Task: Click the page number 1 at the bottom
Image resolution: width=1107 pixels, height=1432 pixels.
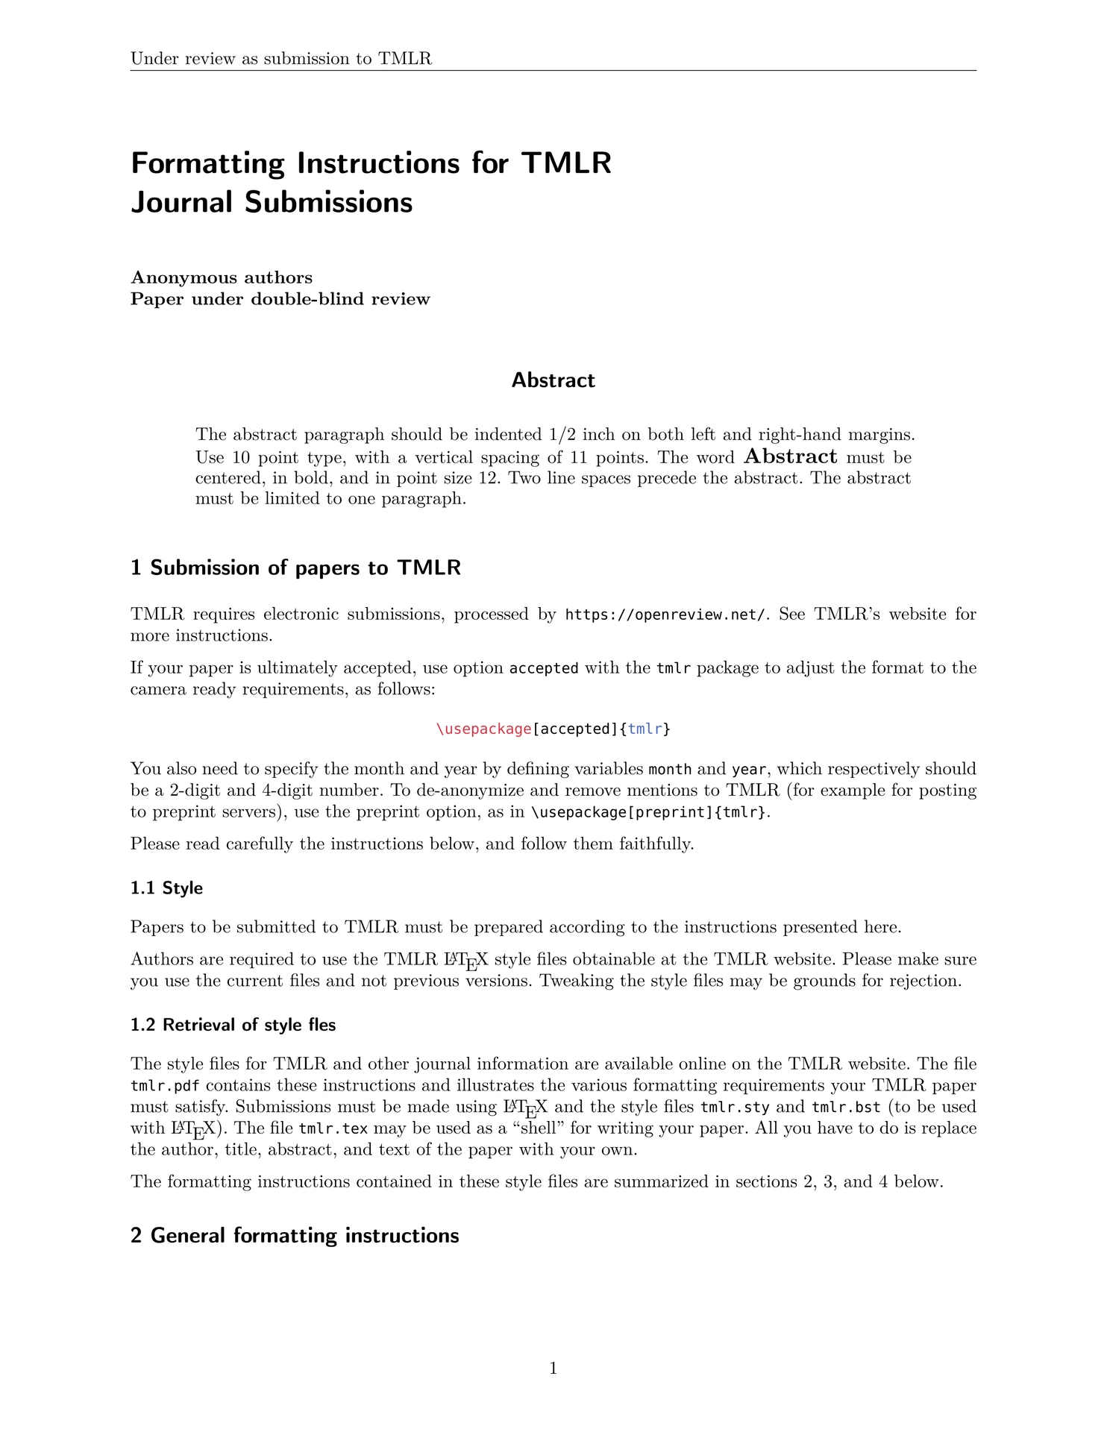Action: click(553, 1368)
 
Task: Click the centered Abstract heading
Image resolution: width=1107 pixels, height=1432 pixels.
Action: click(553, 380)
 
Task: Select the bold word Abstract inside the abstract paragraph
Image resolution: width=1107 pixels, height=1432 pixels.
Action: click(791, 456)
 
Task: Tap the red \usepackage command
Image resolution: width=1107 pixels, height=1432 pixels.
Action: click(483, 729)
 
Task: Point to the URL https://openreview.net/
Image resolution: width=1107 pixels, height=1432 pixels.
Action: click(665, 615)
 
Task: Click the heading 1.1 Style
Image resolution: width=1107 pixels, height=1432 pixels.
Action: click(166, 888)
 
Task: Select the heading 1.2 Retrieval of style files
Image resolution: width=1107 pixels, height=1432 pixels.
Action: click(233, 1025)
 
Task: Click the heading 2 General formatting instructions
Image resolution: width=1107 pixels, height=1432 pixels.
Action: click(295, 1235)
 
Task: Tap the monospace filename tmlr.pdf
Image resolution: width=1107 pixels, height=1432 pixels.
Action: click(165, 1085)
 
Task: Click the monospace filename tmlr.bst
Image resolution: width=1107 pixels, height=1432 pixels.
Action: click(846, 1107)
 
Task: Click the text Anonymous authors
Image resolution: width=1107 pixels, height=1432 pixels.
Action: click(222, 277)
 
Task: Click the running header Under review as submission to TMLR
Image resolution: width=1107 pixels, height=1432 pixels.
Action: click(281, 58)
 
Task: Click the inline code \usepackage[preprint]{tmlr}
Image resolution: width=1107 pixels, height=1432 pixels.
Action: click(648, 812)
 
